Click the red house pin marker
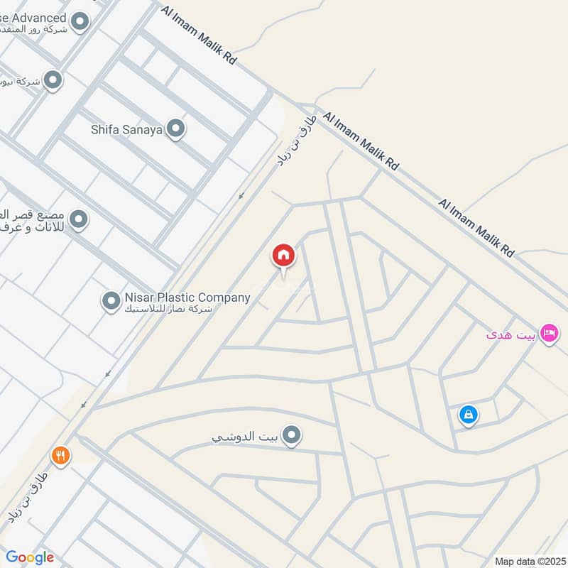click(x=283, y=256)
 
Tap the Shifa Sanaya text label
click(x=127, y=130)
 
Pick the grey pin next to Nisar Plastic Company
click(x=111, y=302)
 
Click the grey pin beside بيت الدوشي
click(x=290, y=436)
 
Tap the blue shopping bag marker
click(x=468, y=415)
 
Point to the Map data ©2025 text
click(x=530, y=561)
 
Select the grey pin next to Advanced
click(x=80, y=21)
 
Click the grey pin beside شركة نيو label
click(x=53, y=81)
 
